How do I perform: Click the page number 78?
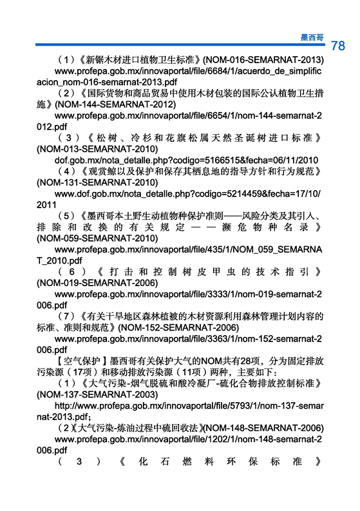(338, 46)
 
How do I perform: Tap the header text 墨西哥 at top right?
(312, 37)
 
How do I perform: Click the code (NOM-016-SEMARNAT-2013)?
(263, 60)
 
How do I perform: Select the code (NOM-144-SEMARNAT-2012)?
(115, 104)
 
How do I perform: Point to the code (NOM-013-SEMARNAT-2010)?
(97, 149)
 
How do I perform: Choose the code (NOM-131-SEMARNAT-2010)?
(97, 182)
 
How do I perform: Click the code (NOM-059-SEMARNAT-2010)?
(97, 238)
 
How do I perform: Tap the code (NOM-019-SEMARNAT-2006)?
(97, 283)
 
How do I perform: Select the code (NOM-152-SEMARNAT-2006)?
(178, 327)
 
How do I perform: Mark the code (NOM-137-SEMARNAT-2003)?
(97, 394)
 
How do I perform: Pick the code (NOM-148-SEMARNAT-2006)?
(263, 428)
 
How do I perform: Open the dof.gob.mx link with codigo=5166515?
(186, 160)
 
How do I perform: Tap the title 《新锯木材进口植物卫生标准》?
(140, 60)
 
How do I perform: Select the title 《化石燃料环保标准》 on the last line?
(219, 461)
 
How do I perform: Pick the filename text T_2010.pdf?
(59, 261)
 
